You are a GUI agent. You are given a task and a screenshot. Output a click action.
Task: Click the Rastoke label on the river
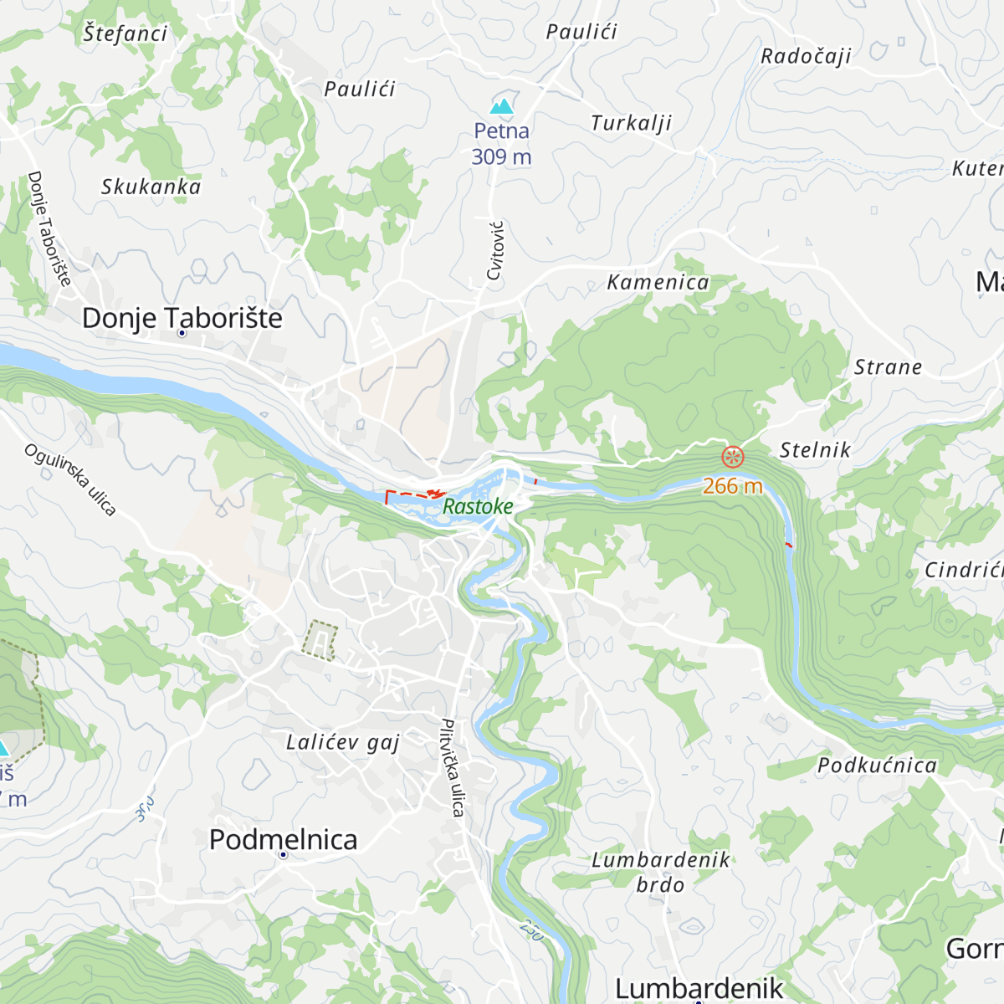[x=477, y=506]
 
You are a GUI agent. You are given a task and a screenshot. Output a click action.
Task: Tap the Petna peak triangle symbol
[x=501, y=106]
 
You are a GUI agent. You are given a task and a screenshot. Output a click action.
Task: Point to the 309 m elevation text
[x=501, y=156]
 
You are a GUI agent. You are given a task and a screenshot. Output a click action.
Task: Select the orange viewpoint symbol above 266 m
[x=733, y=457]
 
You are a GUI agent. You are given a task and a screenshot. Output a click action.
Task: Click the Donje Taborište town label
[x=182, y=318]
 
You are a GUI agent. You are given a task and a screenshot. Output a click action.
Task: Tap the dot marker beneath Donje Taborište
[x=182, y=333]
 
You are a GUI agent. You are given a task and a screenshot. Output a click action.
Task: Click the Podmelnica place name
[x=283, y=839]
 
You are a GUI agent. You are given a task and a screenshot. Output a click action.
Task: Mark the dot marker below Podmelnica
[x=283, y=854]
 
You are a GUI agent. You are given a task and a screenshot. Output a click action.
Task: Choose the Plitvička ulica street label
[x=453, y=767]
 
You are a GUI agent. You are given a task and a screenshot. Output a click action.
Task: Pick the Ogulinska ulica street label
[x=69, y=479]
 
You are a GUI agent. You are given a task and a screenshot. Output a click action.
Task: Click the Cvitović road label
[x=495, y=250]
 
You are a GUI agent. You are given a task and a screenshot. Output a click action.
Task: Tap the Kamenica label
[x=658, y=283]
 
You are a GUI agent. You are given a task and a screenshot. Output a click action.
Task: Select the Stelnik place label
[x=815, y=450]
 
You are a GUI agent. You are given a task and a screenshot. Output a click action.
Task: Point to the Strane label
[x=888, y=367]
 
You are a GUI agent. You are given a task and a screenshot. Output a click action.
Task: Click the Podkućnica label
[x=877, y=766]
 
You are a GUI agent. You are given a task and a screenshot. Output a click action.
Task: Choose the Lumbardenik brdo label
[x=660, y=872]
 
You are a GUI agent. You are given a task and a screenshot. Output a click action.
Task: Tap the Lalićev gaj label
[x=343, y=742]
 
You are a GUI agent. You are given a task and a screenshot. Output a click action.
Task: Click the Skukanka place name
[x=151, y=187]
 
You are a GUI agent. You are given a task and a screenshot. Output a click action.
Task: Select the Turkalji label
[x=631, y=123]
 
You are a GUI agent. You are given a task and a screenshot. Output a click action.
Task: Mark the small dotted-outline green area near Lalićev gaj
[x=320, y=640]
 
